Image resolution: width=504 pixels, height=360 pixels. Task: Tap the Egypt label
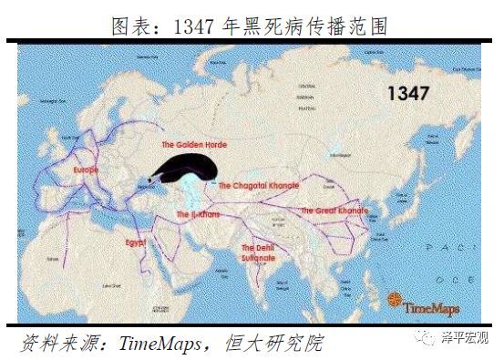(137, 243)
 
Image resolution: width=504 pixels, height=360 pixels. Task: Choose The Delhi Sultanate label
(258, 253)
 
